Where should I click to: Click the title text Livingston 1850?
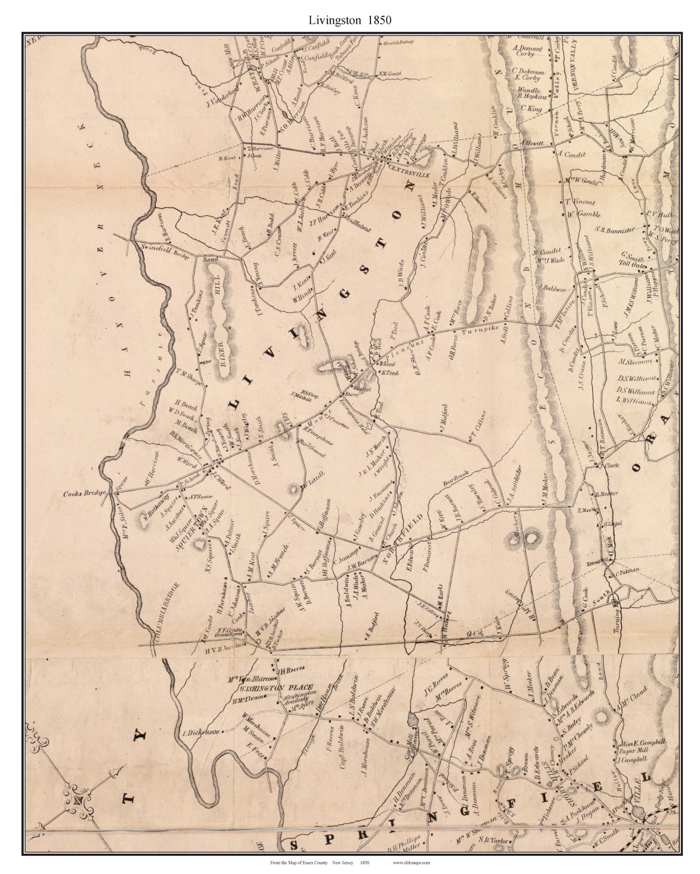click(350, 20)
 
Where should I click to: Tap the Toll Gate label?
click(633, 265)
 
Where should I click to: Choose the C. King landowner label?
click(531, 110)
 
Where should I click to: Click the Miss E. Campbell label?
click(642, 743)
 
